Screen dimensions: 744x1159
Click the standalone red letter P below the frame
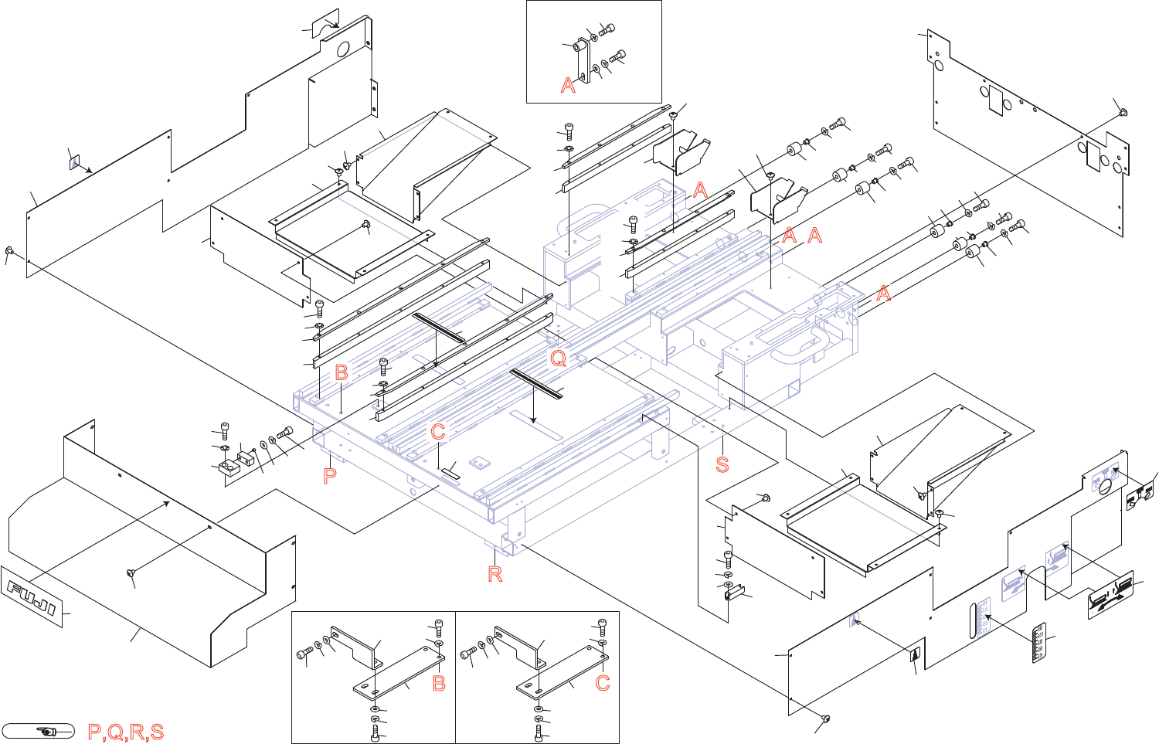coord(330,476)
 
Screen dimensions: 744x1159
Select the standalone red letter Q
coord(558,358)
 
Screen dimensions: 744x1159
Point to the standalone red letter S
coord(722,464)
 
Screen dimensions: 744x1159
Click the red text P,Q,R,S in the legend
coord(126,732)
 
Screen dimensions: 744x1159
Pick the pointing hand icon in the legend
coord(38,731)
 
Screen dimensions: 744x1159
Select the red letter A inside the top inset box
coord(568,86)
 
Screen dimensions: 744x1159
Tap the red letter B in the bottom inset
coord(439,684)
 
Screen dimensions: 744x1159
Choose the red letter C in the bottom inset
coord(603,684)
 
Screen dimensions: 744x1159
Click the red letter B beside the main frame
coord(342,372)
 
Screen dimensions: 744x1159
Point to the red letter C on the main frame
coord(438,432)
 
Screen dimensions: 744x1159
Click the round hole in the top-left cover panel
coord(345,48)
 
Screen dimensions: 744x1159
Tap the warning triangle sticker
coord(915,656)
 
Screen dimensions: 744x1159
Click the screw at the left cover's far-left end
coord(10,251)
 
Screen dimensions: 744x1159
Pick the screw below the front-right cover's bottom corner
coord(824,719)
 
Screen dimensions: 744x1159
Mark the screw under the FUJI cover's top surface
coord(129,573)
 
